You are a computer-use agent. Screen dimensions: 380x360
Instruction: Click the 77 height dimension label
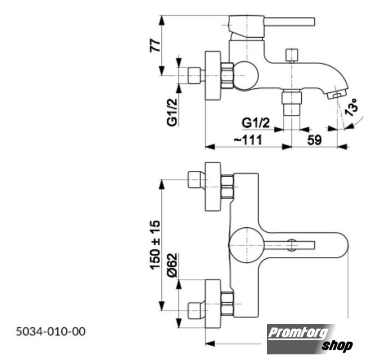pyautogui.click(x=155, y=46)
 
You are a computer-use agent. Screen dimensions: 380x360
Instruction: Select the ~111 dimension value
pyautogui.click(x=248, y=140)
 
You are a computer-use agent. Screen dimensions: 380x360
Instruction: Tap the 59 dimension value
pyautogui.click(x=314, y=140)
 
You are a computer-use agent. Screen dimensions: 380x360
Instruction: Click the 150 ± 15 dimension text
pyautogui.click(x=155, y=245)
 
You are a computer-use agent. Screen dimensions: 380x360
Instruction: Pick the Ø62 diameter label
pyautogui.click(x=173, y=265)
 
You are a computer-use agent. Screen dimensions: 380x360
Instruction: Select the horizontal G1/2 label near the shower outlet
pyautogui.click(x=256, y=123)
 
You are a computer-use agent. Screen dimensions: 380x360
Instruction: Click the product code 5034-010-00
pyautogui.click(x=51, y=331)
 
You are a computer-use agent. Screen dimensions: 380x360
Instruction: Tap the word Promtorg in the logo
pyautogui.click(x=298, y=333)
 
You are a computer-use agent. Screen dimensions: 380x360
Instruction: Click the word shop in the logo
pyautogui.click(x=337, y=345)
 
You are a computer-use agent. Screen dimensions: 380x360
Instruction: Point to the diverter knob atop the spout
pyautogui.click(x=292, y=56)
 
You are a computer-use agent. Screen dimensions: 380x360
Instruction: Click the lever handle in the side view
pyautogui.click(x=289, y=21)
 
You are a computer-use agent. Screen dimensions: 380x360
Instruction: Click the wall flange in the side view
pyautogui.click(x=213, y=75)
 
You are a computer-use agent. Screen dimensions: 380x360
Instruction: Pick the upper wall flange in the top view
pyautogui.click(x=213, y=187)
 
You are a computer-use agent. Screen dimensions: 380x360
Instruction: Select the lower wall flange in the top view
pyautogui.click(x=213, y=304)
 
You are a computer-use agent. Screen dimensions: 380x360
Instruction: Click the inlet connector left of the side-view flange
pyautogui.click(x=194, y=75)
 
